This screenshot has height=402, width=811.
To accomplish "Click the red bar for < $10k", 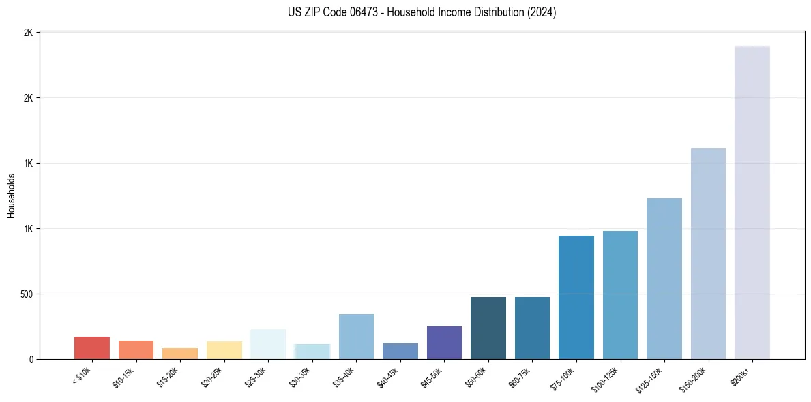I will coord(92,347).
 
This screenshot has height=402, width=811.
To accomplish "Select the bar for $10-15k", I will coord(136,350).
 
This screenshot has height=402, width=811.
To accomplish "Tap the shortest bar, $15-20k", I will coord(180,354).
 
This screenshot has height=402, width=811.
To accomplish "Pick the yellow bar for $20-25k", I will coord(224,350).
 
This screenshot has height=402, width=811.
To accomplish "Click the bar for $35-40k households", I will coord(356,337).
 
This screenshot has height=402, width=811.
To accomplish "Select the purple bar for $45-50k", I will coord(444,343).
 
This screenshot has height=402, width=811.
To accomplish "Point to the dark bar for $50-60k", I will coord(488,328).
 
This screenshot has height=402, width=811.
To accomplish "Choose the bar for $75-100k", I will coord(576,297).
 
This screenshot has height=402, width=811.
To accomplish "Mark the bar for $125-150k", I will coord(664,279).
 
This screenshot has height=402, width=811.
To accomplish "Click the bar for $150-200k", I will coord(708,253).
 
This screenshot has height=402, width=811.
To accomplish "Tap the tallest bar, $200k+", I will coord(752,202).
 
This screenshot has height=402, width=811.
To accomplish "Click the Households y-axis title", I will coord(12,196).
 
